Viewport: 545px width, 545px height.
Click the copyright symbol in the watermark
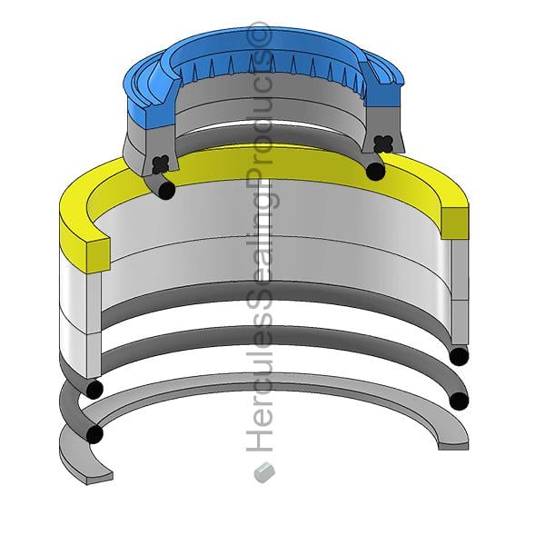259,35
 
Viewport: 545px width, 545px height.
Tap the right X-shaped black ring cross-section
383,144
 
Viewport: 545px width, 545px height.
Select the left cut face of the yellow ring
99,255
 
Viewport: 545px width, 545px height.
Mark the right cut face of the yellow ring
455,223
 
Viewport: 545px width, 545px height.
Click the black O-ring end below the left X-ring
166,191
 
